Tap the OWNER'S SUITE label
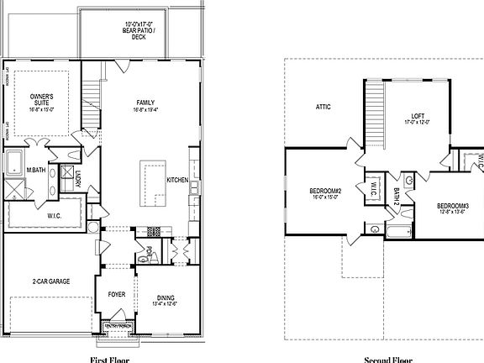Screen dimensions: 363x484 42,98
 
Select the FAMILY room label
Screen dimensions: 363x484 146,103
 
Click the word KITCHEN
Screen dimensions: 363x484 177,181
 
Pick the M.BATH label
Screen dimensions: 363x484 35,171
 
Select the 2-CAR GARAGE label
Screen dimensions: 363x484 50,281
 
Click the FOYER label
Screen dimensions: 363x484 116,296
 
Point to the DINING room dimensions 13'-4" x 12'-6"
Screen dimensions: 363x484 166,303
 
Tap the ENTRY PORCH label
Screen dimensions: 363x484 116,325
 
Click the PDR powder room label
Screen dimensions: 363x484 148,250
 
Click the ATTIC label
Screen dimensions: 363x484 323,107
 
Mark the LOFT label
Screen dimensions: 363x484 418,116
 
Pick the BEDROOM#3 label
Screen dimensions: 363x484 452,207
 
